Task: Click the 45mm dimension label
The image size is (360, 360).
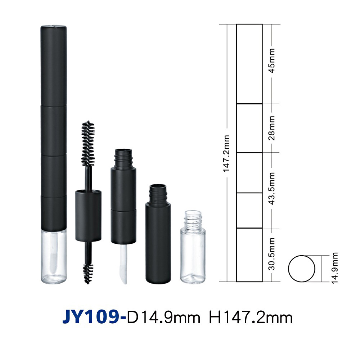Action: [x=271, y=60]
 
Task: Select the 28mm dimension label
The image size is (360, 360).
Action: [x=271, y=128]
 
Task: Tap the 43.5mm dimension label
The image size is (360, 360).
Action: [x=271, y=188]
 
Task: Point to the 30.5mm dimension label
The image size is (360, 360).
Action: [x=271, y=254]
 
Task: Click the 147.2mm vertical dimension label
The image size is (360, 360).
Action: [x=226, y=153]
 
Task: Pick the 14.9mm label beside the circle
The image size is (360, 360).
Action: [x=335, y=268]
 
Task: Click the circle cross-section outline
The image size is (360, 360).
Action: [x=288, y=269]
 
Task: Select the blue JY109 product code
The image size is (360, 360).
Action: [x=94, y=318]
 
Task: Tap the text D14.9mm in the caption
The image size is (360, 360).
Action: [x=163, y=318]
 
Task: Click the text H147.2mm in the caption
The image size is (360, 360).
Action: [x=251, y=318]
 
